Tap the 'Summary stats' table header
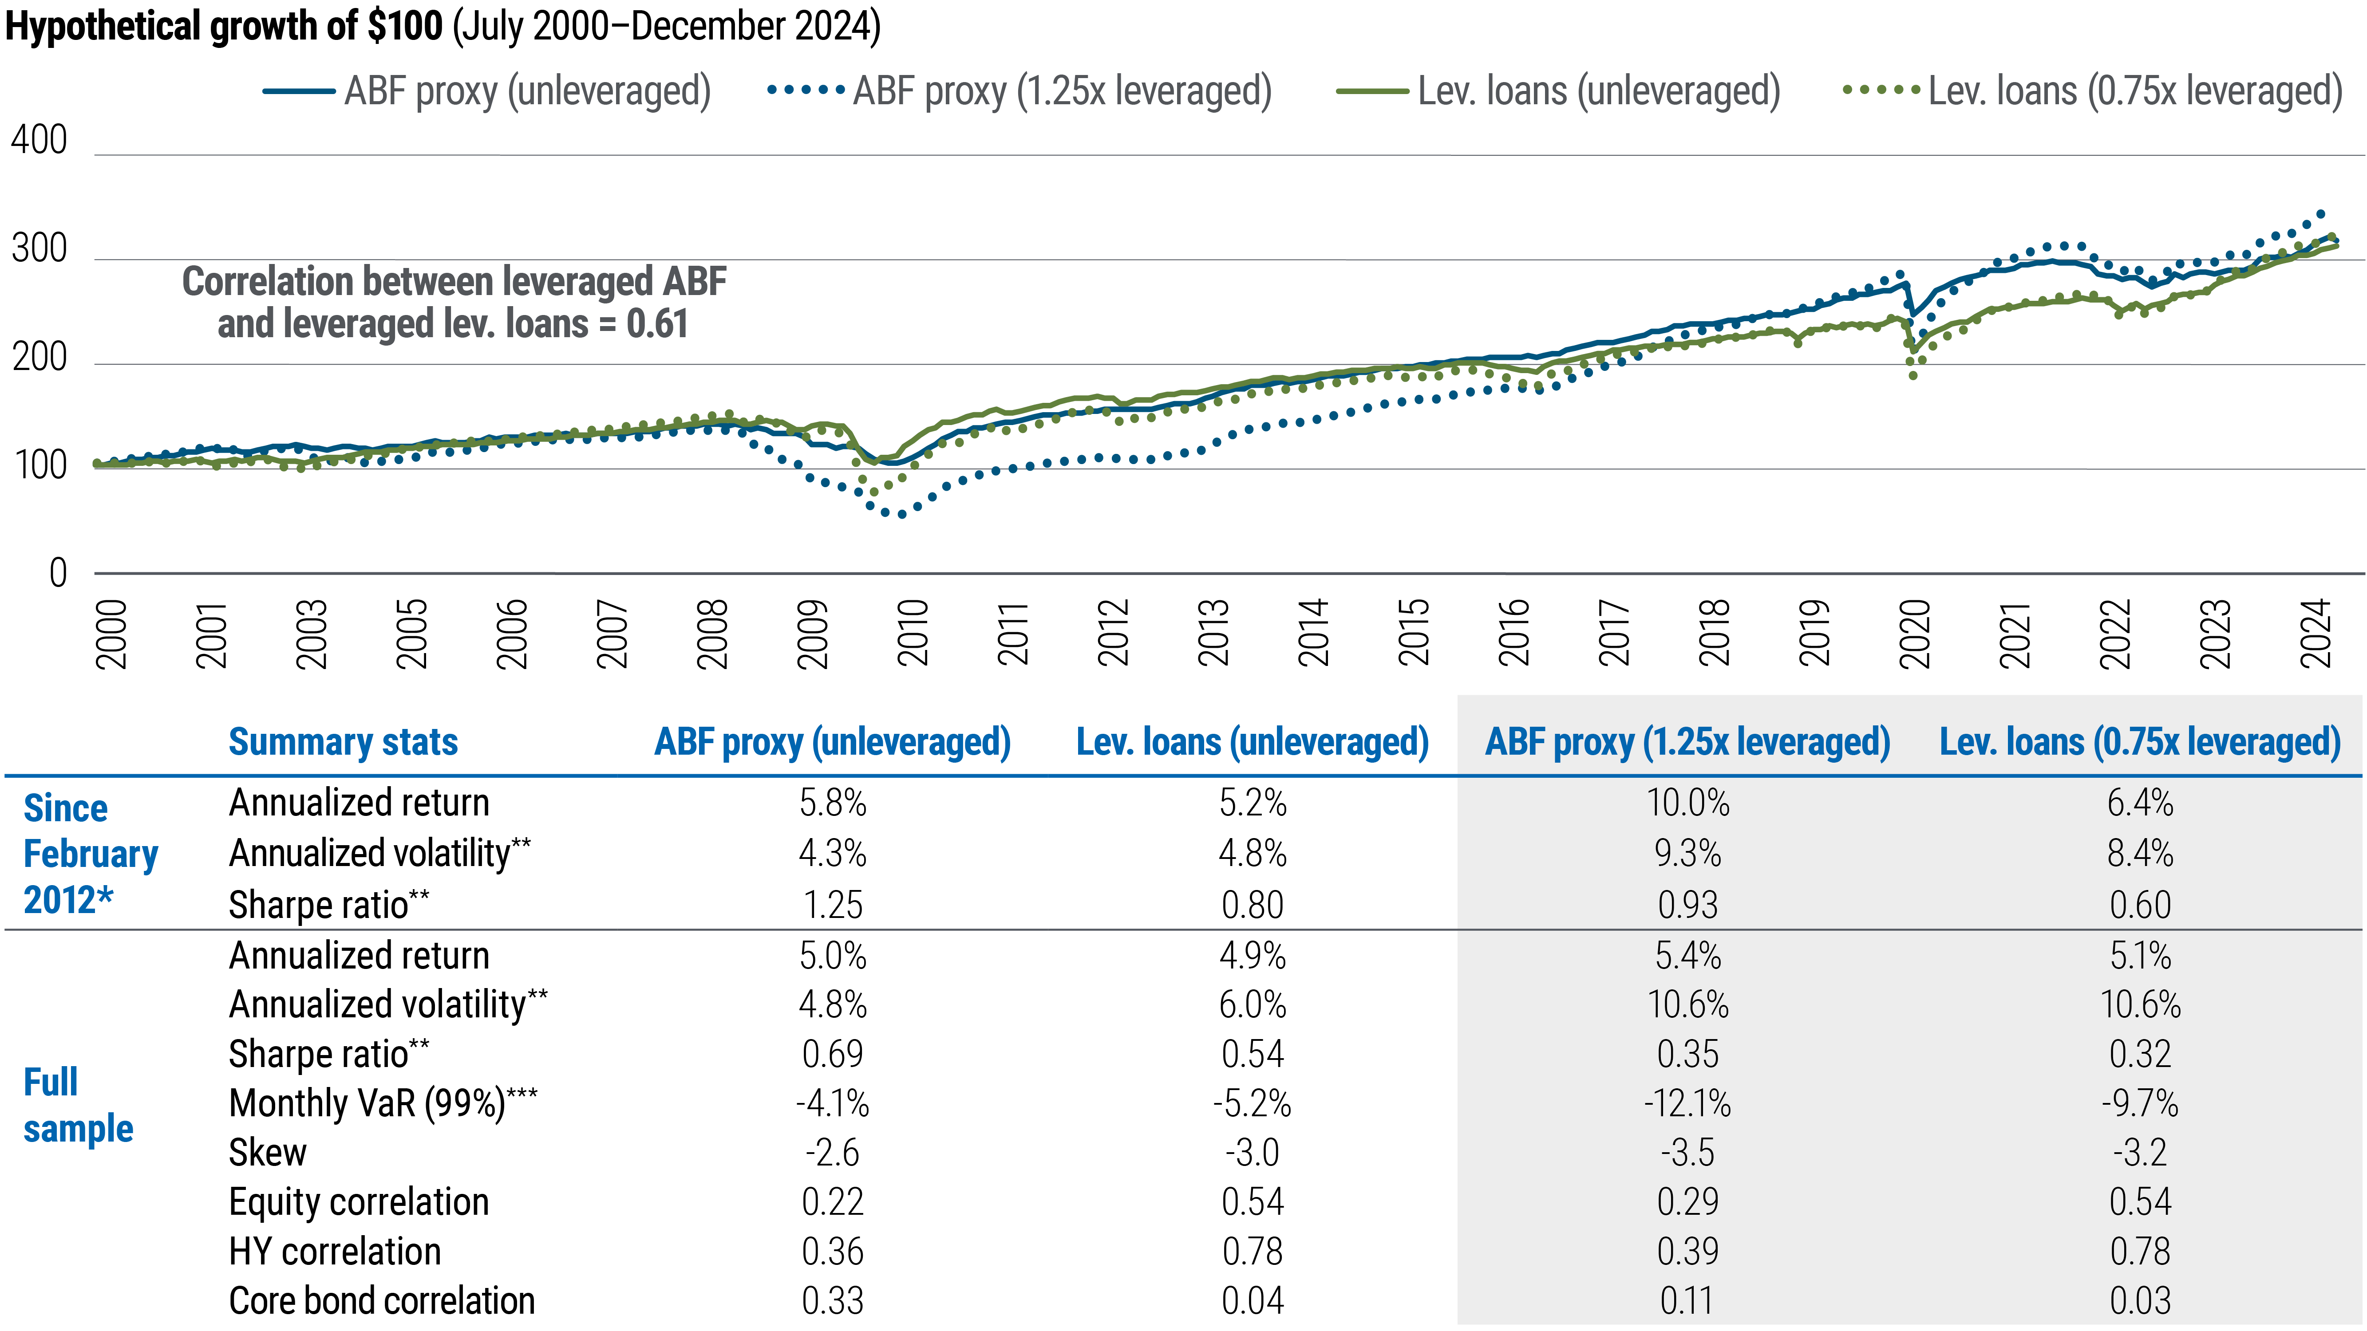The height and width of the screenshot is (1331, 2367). tap(343, 741)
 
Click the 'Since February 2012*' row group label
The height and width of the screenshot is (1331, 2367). tap(90, 853)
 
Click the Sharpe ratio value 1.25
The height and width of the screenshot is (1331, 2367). tap(833, 905)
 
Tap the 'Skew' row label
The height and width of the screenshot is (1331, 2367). tap(267, 1153)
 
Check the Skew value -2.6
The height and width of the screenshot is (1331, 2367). tap(833, 1153)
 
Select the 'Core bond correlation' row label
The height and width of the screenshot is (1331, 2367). tap(381, 1301)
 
